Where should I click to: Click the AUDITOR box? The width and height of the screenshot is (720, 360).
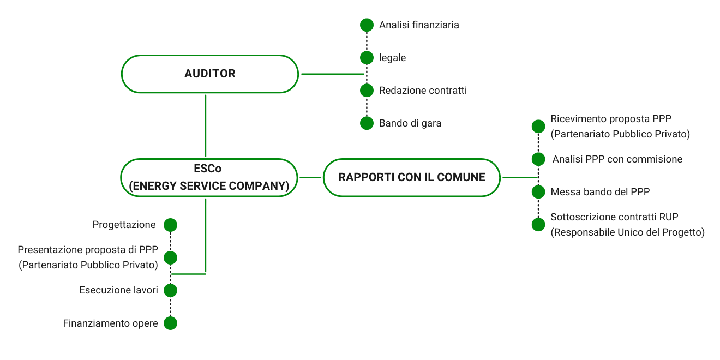pos(209,74)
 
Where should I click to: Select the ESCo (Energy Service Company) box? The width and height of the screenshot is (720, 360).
pos(209,178)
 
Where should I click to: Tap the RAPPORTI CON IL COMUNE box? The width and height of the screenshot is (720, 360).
pos(411,178)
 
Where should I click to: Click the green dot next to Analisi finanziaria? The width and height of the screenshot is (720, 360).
pos(367,25)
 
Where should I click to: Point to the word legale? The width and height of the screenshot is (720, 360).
pos(392,58)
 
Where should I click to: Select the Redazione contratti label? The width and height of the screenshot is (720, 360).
pos(423,91)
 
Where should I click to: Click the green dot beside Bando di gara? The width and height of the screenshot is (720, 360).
pos(367,123)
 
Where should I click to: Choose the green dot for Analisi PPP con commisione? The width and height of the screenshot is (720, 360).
pos(538,159)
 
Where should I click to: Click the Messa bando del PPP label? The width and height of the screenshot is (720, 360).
pos(600,192)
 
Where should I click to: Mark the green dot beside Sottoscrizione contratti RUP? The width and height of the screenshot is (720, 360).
pos(538,225)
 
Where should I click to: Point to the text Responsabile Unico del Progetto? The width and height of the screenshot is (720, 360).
pos(627,232)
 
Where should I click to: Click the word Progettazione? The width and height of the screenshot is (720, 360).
pos(124,225)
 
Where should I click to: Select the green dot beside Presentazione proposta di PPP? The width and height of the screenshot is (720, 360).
pos(171,257)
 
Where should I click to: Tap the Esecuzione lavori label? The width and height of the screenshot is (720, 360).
pos(118,290)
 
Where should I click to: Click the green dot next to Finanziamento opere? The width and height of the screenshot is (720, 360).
pos(171,323)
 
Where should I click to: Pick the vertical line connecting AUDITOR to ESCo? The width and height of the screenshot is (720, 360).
pos(206,125)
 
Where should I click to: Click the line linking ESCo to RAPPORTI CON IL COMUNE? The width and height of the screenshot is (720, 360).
pos(311,178)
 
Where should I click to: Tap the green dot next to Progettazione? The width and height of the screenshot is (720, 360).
pos(171,225)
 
